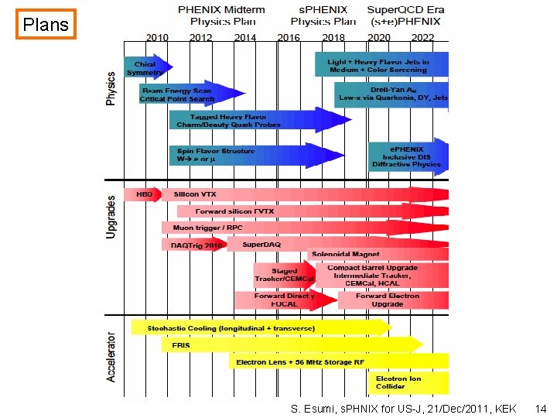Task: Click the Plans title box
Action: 46,25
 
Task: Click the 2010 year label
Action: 158,37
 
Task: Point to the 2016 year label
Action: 289,37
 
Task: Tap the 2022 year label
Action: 423,37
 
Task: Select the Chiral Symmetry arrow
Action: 146,68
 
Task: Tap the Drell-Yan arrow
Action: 391,94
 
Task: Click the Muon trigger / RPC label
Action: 207,228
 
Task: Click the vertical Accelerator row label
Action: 111,357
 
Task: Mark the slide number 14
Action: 541,408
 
